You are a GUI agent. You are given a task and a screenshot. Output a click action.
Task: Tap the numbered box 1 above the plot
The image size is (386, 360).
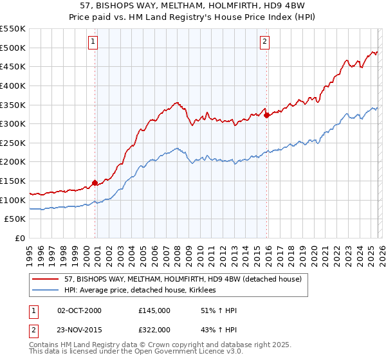[93, 42]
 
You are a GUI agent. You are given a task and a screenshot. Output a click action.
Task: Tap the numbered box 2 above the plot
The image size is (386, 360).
[264, 42]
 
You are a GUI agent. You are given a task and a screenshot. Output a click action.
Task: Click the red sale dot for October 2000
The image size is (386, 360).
[95, 183]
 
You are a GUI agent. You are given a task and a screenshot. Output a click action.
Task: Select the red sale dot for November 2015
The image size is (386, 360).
[266, 115]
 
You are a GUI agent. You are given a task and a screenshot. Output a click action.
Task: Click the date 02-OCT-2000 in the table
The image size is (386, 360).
[79, 310]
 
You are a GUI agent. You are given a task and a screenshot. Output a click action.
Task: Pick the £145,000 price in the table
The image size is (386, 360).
[154, 310]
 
